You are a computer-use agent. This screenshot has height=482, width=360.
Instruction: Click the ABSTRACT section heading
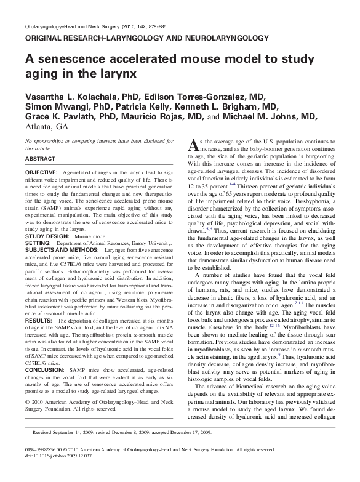click(x=40, y=158)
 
